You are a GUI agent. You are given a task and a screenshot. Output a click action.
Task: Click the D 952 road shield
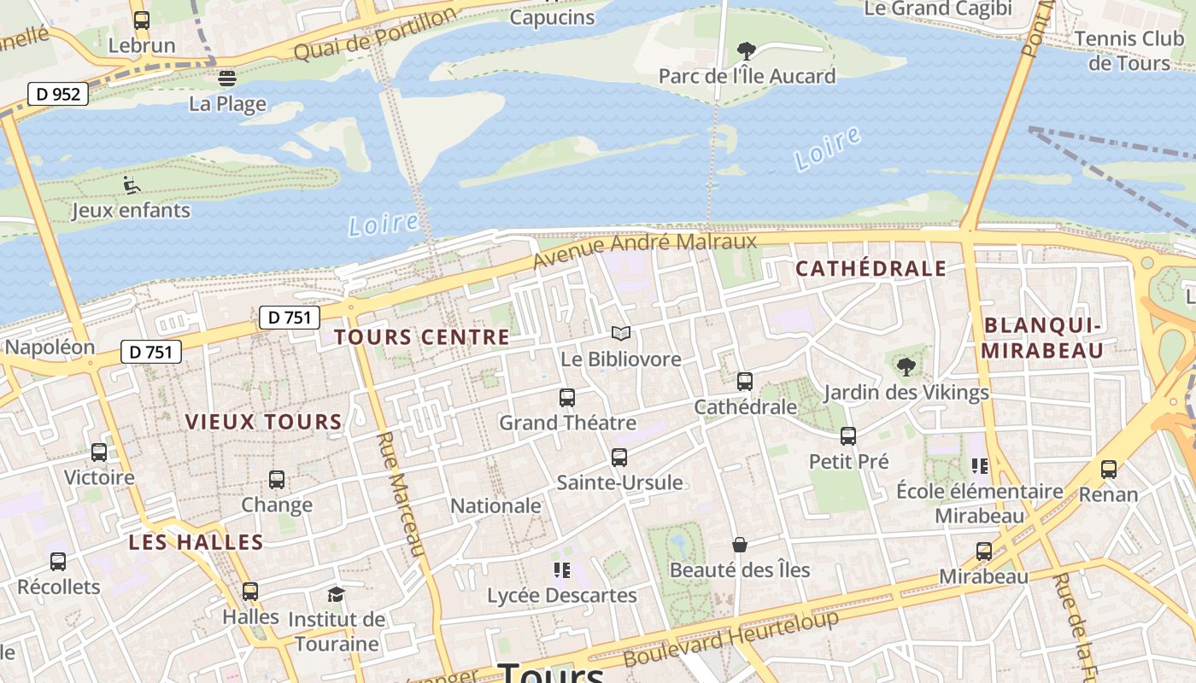[58, 94]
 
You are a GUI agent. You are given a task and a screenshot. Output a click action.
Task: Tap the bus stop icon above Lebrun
[142, 20]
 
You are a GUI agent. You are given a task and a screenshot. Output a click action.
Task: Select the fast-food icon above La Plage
[226, 79]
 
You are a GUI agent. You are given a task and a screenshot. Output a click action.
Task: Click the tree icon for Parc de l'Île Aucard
[746, 50]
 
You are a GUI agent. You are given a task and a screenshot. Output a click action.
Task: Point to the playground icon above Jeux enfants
[131, 184]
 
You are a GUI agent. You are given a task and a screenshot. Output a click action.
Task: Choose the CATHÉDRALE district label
[871, 268]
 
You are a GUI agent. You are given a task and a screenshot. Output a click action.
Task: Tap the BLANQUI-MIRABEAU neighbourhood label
[1041, 337]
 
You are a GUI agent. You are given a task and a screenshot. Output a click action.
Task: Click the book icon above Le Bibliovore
[621, 334]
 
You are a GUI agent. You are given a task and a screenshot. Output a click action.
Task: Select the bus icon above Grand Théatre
[566, 398]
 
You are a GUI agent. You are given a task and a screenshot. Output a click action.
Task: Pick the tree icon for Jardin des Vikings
[906, 367]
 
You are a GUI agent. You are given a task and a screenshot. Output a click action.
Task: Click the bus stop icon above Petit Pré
[848, 436]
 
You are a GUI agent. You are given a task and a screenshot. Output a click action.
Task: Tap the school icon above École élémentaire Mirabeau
[979, 466]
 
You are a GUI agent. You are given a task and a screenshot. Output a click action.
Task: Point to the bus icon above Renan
[1108, 469]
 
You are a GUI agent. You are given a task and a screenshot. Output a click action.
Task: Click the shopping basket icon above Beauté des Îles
[740, 545]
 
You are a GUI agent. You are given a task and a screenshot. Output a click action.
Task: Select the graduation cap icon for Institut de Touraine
[336, 594]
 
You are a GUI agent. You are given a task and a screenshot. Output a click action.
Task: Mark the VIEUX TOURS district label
[263, 422]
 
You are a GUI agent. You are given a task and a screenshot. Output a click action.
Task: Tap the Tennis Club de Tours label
[1129, 50]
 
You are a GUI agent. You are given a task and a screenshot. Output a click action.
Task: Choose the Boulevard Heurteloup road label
[731, 639]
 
